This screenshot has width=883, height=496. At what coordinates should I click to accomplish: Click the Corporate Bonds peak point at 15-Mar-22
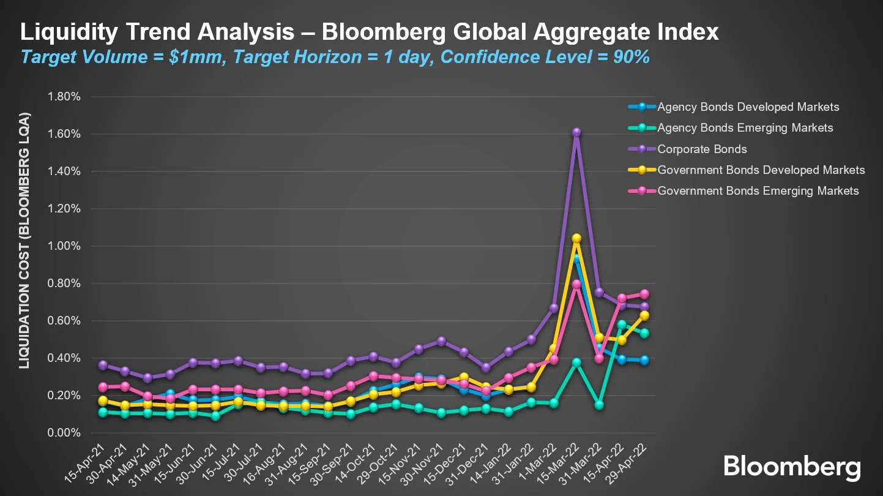[576, 132]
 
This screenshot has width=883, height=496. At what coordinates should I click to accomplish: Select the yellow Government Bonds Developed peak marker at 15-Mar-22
[576, 238]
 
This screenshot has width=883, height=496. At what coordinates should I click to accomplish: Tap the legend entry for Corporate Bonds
[702, 149]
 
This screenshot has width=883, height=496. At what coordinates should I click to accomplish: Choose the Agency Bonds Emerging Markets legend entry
[745, 128]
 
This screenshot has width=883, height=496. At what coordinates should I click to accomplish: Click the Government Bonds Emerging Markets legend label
[758, 190]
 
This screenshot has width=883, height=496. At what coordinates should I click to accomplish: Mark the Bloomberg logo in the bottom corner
[792, 467]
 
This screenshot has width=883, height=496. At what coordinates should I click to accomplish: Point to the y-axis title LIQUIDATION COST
[24, 240]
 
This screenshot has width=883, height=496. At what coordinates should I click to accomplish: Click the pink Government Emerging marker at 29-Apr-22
[644, 294]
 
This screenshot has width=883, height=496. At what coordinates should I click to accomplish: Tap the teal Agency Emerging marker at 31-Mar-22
[599, 405]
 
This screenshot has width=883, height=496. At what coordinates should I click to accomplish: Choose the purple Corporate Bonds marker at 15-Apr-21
[103, 365]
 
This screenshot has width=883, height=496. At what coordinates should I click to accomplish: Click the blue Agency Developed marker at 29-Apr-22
[644, 360]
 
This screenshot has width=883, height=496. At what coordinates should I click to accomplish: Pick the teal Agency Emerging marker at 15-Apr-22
[622, 325]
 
